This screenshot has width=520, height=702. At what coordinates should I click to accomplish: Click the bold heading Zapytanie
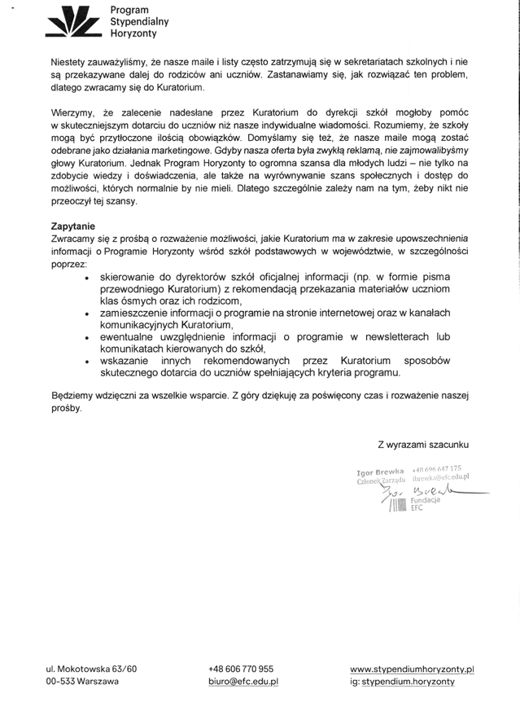[x=73, y=225]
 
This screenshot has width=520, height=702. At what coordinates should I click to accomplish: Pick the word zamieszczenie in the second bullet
[x=135, y=313]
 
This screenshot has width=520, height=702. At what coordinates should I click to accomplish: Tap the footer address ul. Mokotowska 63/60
[x=91, y=668]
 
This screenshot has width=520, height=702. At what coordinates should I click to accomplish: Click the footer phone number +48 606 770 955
[x=241, y=668]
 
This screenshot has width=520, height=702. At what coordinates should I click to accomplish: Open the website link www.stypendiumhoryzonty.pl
[x=412, y=668]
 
